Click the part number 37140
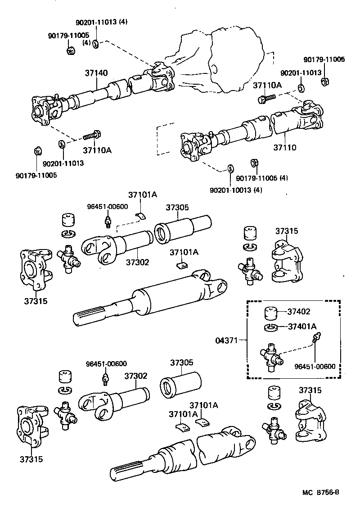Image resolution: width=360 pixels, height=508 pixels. pos(96,73)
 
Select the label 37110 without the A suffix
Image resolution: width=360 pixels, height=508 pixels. pos(285,147)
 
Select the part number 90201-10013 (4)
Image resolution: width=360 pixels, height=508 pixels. pos(236,190)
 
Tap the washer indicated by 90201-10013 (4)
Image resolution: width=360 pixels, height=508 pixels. pos(230,168)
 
